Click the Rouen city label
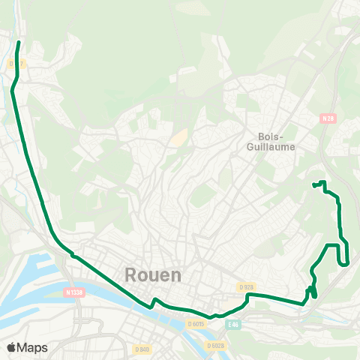coord(153,274)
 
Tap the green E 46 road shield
coord(234,324)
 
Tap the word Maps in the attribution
coord(32,347)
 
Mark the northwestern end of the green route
coord(19,43)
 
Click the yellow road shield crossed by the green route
coord(13,64)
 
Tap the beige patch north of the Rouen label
coord(178,138)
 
